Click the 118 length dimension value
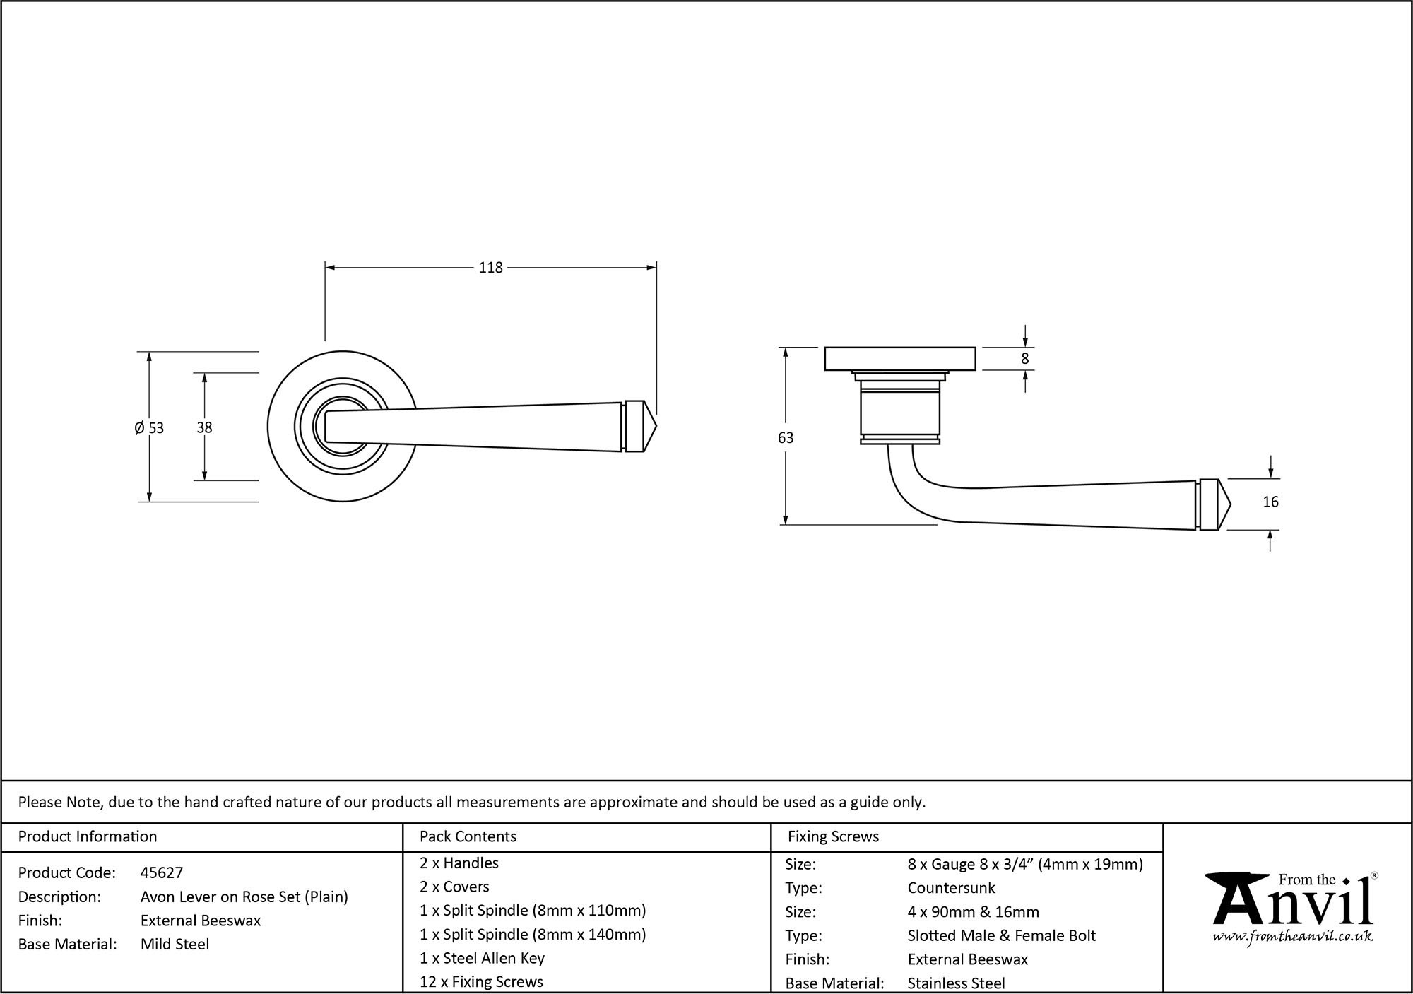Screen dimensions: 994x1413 (x=490, y=268)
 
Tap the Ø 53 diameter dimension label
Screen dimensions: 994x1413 (x=149, y=427)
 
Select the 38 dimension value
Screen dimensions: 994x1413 (x=204, y=427)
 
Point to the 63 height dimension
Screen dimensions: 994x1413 (x=786, y=438)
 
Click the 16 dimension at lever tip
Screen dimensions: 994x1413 (x=1270, y=502)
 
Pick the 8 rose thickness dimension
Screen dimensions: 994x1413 (x=1025, y=358)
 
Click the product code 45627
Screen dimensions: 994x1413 (x=162, y=872)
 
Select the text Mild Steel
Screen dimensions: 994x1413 (x=175, y=944)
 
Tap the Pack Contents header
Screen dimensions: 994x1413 (x=468, y=836)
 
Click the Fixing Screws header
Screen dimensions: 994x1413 (x=833, y=836)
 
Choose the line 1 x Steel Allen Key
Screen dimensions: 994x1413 (x=482, y=958)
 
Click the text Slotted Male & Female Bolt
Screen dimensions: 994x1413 (x=1001, y=935)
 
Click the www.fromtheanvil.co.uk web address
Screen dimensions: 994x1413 (x=1293, y=937)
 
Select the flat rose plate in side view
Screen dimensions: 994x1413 (x=900, y=358)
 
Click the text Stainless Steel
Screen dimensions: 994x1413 (x=956, y=983)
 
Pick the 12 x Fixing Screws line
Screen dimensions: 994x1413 (x=481, y=981)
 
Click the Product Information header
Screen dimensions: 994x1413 (x=88, y=836)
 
